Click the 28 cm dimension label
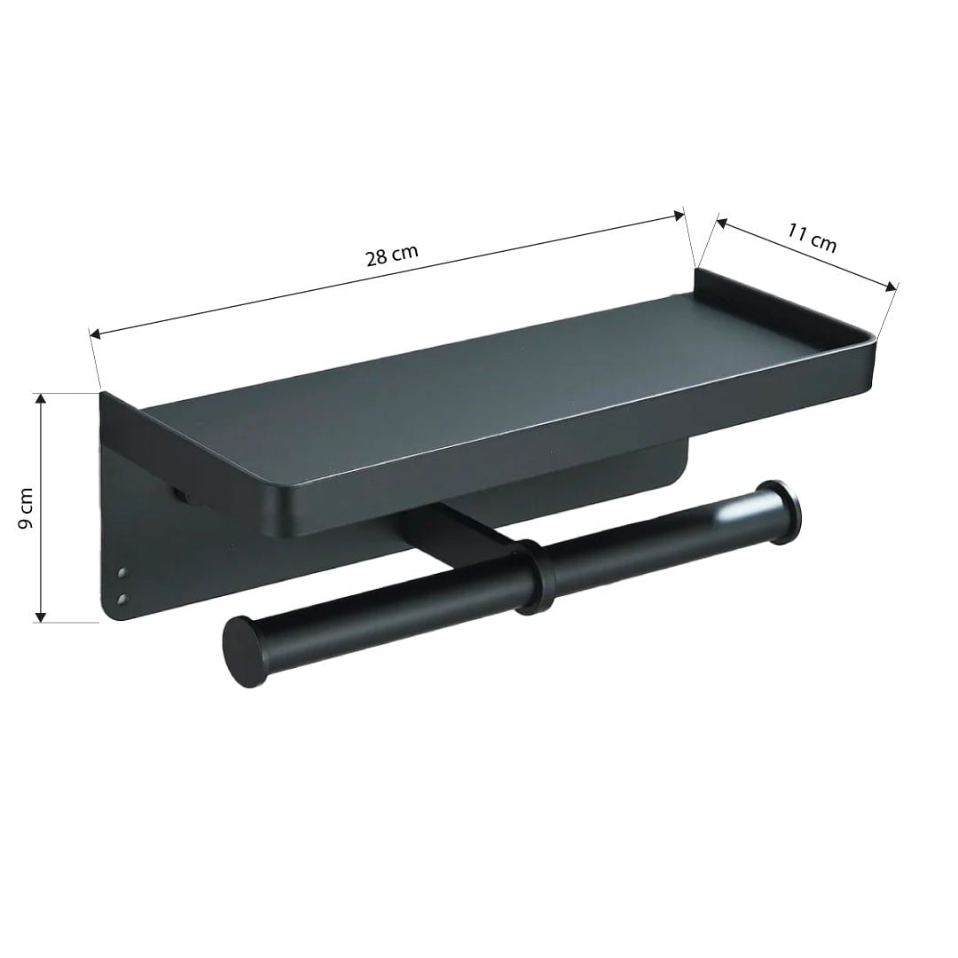pos(391,256)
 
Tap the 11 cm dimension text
pos(812,238)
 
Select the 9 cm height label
pos(26,507)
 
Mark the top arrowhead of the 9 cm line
pos(39,400)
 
